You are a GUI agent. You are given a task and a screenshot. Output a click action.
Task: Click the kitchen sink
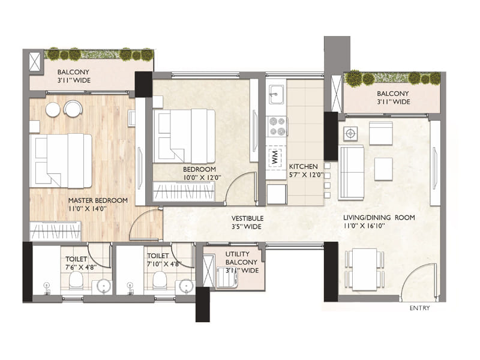coord(277,94)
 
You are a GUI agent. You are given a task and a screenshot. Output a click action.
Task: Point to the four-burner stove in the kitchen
coord(277,126)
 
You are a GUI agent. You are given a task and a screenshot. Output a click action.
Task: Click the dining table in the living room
coord(364,269)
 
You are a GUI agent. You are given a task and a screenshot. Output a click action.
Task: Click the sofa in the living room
coord(351,172)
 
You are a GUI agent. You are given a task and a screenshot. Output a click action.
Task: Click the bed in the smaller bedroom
coord(184,136)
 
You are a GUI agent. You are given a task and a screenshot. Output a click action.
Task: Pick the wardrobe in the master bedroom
coord(55,230)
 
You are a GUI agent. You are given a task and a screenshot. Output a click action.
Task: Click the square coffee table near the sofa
coord(383,167)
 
